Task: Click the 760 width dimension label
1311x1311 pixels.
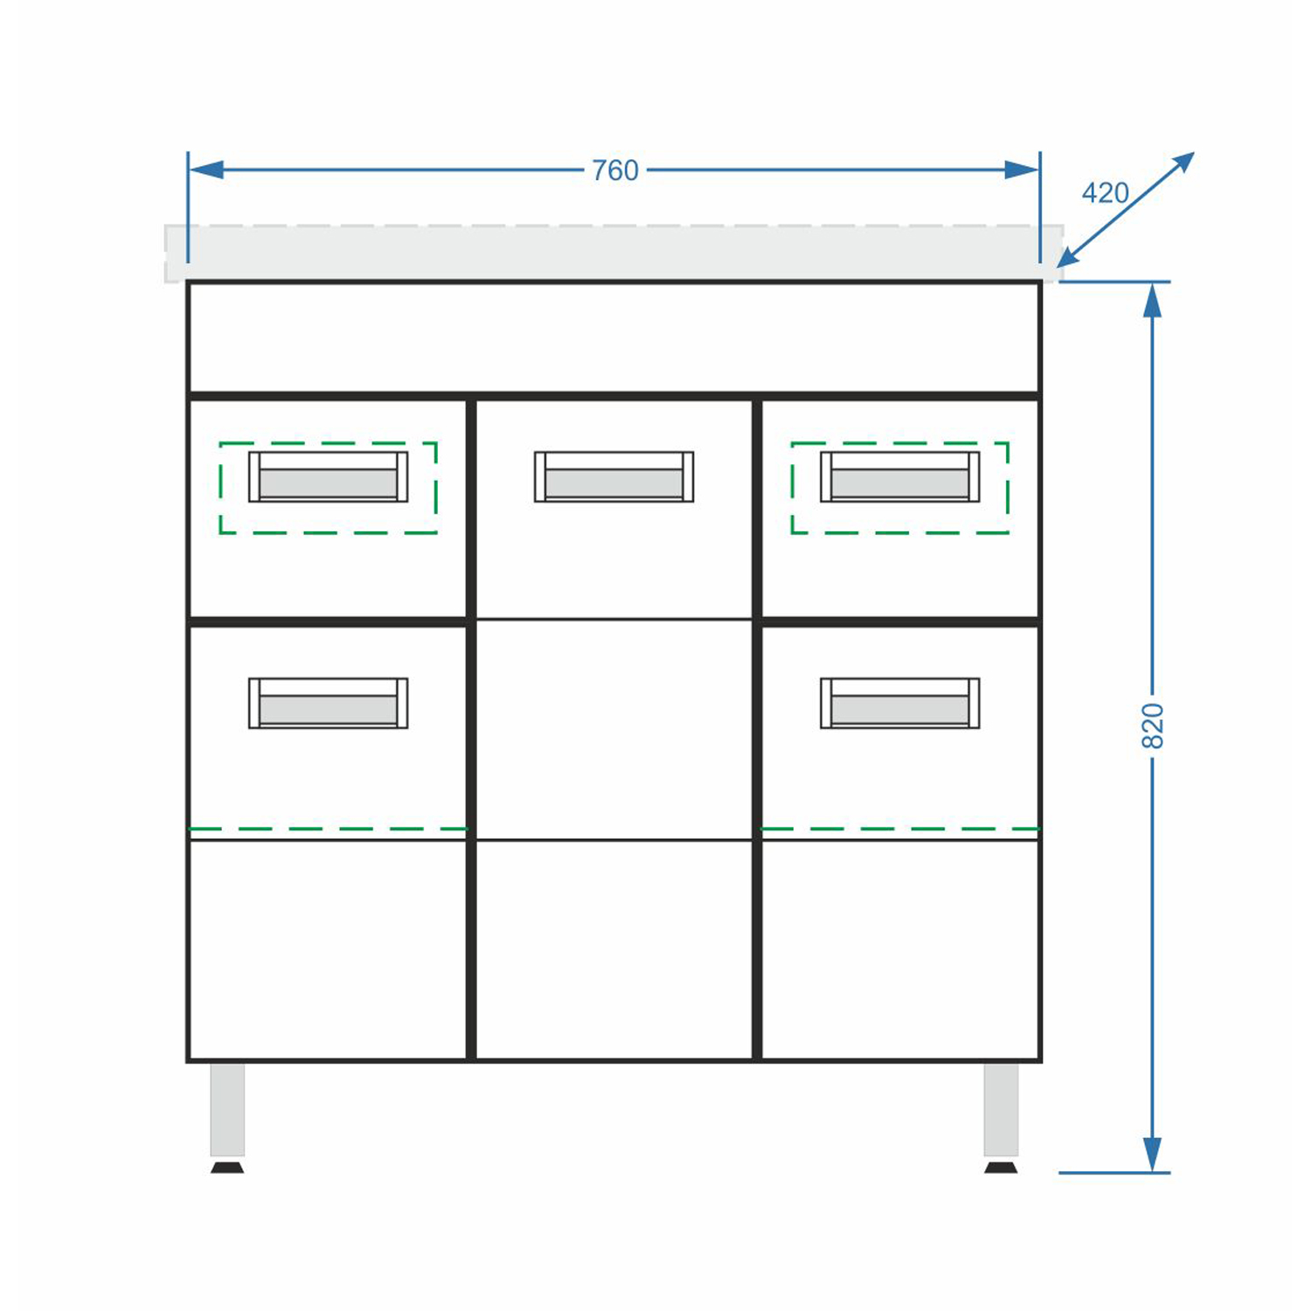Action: coord(615,170)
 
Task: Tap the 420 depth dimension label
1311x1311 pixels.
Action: coord(1106,192)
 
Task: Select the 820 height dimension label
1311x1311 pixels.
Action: coord(1153,725)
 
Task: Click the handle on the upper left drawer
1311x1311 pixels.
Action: coord(328,476)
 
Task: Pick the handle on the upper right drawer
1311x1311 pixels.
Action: coord(900,476)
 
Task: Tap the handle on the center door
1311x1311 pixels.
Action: coord(614,476)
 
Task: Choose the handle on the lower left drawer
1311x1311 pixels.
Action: coord(328,703)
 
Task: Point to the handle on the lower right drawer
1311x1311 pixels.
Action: coord(900,703)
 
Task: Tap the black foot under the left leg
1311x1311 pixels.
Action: coord(227,1167)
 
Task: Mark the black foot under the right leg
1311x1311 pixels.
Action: coord(1001,1167)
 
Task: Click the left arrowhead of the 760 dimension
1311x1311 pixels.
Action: coord(206,170)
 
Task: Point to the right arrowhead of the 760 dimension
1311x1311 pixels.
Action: coord(1021,170)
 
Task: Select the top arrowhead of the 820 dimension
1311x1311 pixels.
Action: coord(1153,300)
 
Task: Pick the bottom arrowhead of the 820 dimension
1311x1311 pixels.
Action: coord(1153,1155)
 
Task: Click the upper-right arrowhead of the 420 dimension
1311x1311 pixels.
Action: coord(1183,163)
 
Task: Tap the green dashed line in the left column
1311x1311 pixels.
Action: coord(328,829)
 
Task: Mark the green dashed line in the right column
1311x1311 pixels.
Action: coord(900,829)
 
